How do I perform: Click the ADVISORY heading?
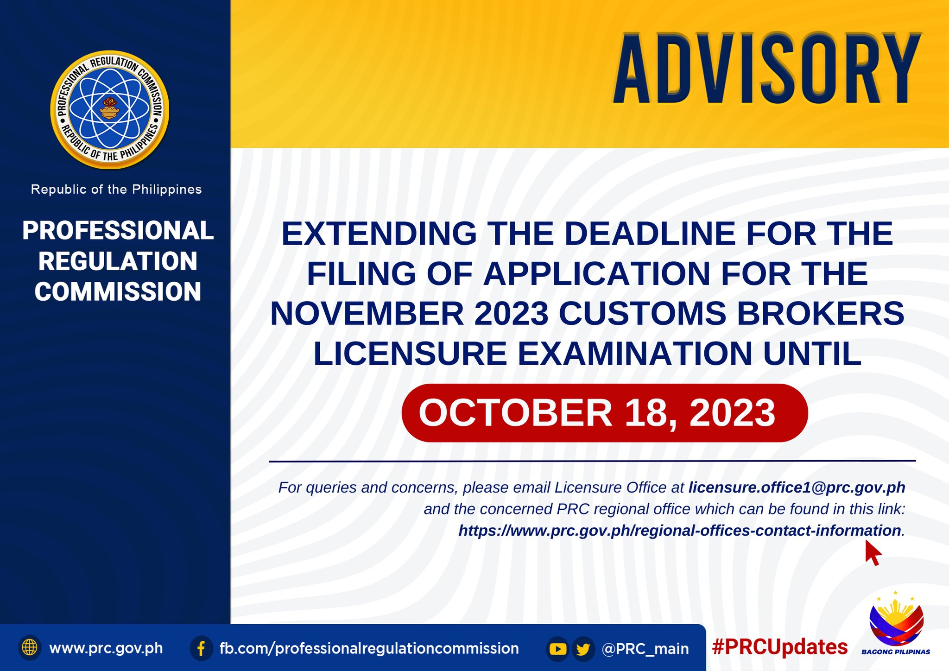[767, 68]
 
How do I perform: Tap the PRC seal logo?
[110, 110]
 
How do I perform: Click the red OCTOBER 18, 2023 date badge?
[605, 413]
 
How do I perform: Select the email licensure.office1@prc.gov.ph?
[797, 487]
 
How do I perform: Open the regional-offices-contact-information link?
[680, 531]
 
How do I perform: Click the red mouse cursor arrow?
[873, 552]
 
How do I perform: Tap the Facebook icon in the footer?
[202, 648]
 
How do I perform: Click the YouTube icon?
[558, 649]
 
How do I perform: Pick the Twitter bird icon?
[583, 649]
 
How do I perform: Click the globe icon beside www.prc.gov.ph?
[30, 647]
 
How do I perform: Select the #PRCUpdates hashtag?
[780, 647]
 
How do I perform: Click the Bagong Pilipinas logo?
[896, 623]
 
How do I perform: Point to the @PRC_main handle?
[645, 649]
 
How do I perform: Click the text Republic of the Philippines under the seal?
[116, 190]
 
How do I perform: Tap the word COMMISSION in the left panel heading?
[118, 292]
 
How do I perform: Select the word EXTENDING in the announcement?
[380, 233]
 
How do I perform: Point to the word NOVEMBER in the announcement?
[367, 314]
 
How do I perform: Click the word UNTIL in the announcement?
[812, 354]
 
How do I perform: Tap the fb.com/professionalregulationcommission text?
[369, 649]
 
